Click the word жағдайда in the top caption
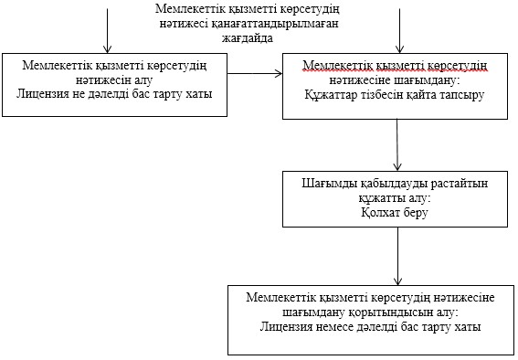(247, 38)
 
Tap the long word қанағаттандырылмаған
(275, 24)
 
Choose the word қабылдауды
(394, 184)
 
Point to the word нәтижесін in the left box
(104, 80)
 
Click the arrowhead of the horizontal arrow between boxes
(280, 73)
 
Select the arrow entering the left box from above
(108, 30)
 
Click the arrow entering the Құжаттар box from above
(400, 30)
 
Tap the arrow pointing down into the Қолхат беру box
(397, 145)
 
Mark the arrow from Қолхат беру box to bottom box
(398, 256)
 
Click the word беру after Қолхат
(417, 213)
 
